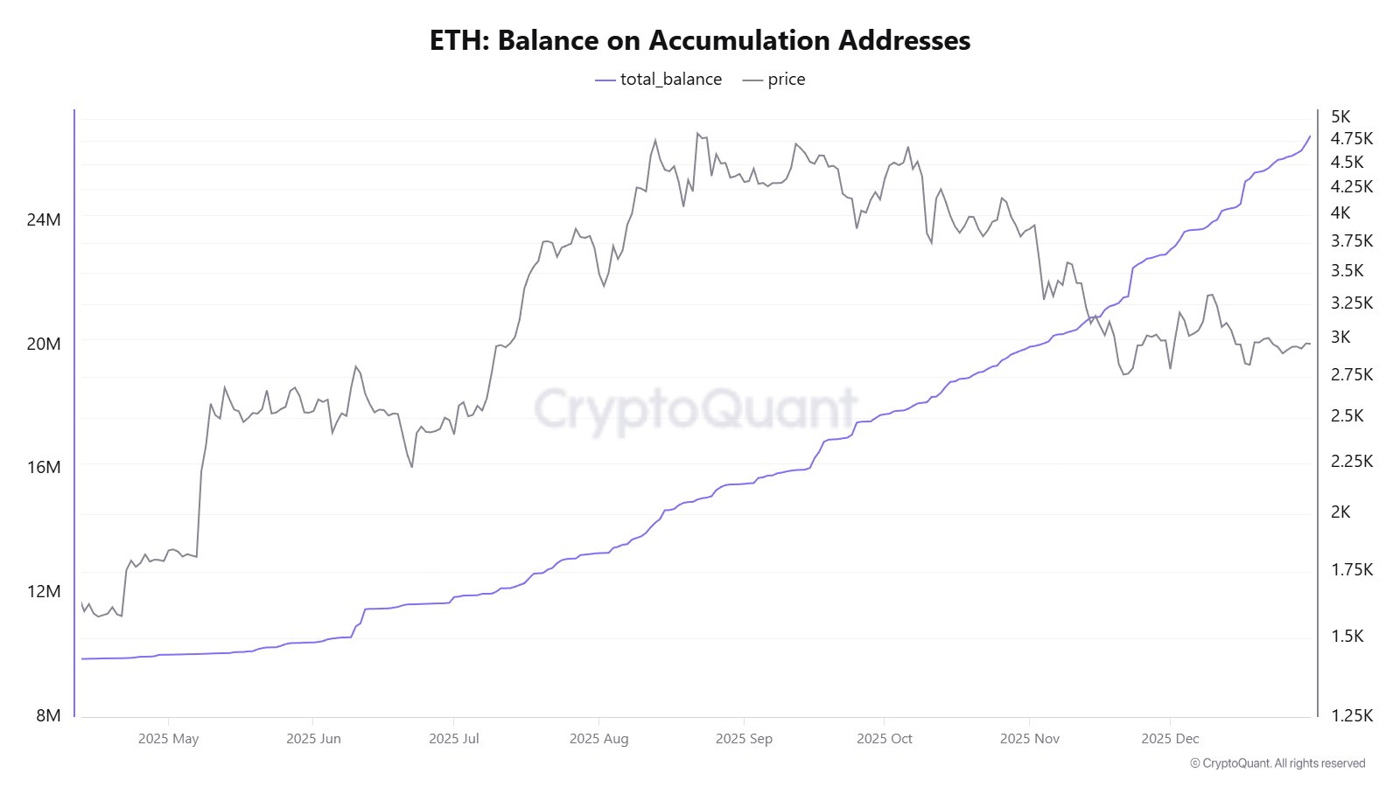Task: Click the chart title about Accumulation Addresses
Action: [x=700, y=40]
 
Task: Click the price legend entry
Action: [x=774, y=80]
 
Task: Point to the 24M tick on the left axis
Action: [x=44, y=219]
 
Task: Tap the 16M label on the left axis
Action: [x=44, y=467]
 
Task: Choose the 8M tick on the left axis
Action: [x=48, y=715]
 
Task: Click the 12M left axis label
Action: [x=44, y=591]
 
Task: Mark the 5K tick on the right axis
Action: [x=1340, y=116]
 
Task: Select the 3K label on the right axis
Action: [x=1340, y=337]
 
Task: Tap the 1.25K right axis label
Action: [x=1352, y=715]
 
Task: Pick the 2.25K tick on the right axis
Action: [x=1352, y=461]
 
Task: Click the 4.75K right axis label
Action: [x=1352, y=138]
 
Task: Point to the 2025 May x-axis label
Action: [x=168, y=739]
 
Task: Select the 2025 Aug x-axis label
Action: [x=598, y=739]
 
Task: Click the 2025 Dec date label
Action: [x=1170, y=739]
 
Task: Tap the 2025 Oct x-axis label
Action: [x=884, y=739]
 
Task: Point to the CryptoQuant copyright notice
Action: [x=1277, y=763]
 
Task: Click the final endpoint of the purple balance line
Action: [x=1310, y=136]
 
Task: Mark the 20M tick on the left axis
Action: [x=44, y=344]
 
